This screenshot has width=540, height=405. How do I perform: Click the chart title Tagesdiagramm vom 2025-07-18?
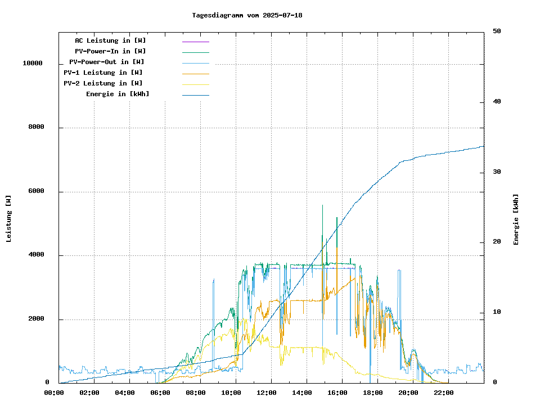coord(247,15)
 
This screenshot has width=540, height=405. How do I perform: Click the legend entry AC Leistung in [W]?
coord(110,40)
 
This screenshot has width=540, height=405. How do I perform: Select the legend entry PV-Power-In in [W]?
coord(110,51)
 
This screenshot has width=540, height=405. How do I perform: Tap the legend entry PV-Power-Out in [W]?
coord(107,62)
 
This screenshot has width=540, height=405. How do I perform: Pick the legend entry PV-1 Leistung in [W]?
coord(103,73)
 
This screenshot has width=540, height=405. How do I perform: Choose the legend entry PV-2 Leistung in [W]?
coord(103,83)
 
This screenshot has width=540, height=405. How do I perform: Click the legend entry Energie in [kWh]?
coord(118,94)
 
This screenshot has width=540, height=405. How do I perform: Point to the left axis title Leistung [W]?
coord(8,219)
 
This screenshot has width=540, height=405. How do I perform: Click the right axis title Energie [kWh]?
coord(516,219)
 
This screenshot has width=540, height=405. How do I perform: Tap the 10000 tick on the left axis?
coord(33,64)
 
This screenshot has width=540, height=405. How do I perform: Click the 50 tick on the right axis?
coord(497,31)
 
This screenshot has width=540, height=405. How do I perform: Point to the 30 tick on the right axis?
coord(497,172)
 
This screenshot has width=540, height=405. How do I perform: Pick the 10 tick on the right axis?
coord(497,312)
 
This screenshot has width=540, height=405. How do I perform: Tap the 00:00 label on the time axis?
coord(53,393)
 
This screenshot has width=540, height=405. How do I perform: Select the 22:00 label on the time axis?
coord(443,393)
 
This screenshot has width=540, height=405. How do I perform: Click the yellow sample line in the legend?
coord(195,84)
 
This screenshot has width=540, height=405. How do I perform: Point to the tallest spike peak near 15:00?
coord(322,205)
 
